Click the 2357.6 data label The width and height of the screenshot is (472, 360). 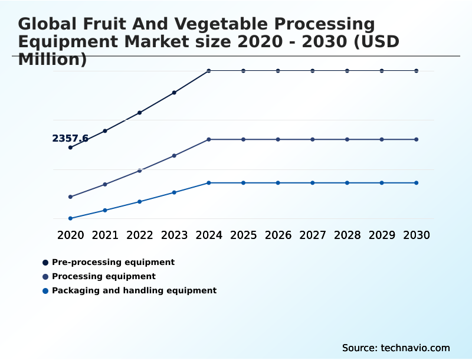pos(70,139)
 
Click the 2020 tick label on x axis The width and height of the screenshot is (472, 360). pos(71,235)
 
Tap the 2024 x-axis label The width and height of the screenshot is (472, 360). pos(209,235)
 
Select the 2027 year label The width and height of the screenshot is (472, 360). pos(313,235)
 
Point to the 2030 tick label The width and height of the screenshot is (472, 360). pos(417,235)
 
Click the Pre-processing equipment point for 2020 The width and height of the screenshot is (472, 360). pos(71,148)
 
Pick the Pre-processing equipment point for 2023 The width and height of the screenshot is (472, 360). pos(174,93)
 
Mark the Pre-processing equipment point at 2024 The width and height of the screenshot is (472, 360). pos(209,71)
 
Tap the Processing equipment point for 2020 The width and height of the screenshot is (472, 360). pos(71,197)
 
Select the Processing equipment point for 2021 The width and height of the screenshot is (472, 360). pos(105,184)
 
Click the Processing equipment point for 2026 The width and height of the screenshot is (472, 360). pos(278,139)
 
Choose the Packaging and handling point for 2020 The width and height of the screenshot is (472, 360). pos(71,218)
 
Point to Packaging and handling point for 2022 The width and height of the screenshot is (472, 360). pos(140,202)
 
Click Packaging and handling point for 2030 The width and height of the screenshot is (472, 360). pos(417,183)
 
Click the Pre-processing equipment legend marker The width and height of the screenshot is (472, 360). pos(45,262)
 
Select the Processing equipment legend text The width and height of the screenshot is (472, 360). pos(104,276)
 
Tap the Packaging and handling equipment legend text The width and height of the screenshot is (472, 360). pos(134,290)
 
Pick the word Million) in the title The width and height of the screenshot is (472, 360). pos(53,60)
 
